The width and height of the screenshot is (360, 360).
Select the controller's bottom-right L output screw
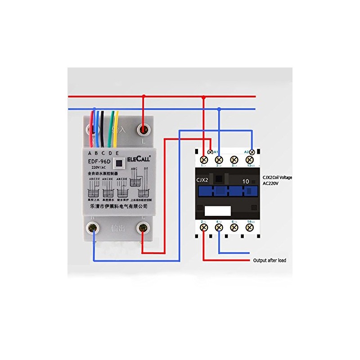pyautogui.click(x=143, y=228)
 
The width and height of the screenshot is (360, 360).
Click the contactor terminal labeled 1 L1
pyautogui.click(x=203, y=159)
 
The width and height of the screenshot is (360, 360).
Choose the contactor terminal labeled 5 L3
pyautogui.click(x=234, y=159)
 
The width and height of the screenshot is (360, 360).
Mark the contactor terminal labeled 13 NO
pyautogui.click(x=249, y=159)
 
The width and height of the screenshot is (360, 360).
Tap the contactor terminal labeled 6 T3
pyautogui.click(x=234, y=227)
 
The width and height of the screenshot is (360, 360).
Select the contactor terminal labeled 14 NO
pyautogui.click(x=249, y=227)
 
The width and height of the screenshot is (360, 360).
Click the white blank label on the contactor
pyautogui.click(x=217, y=211)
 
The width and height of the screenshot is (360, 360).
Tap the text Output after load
pyautogui.click(x=269, y=260)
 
